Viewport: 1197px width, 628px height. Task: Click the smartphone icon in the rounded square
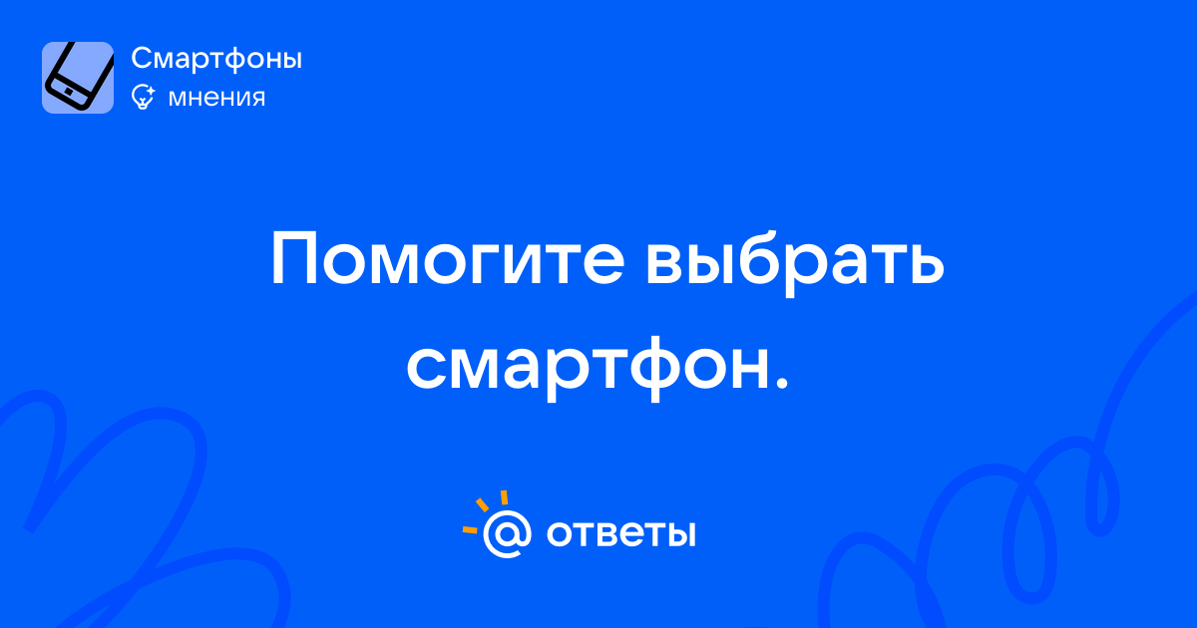click(78, 77)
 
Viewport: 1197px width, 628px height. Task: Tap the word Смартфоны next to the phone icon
click(216, 59)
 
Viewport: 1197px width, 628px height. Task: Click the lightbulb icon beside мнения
click(143, 98)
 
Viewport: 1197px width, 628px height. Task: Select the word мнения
click(216, 98)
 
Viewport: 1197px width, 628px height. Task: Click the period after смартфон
click(782, 384)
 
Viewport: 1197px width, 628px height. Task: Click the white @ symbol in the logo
click(507, 533)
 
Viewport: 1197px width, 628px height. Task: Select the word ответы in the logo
click(620, 533)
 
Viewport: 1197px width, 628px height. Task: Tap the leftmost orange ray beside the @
click(470, 529)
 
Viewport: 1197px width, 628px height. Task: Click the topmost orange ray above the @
click(504, 497)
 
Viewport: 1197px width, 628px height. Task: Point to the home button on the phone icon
click(69, 92)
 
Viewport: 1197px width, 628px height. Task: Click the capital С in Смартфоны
click(144, 58)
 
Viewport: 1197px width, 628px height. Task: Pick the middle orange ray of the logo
click(482, 504)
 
